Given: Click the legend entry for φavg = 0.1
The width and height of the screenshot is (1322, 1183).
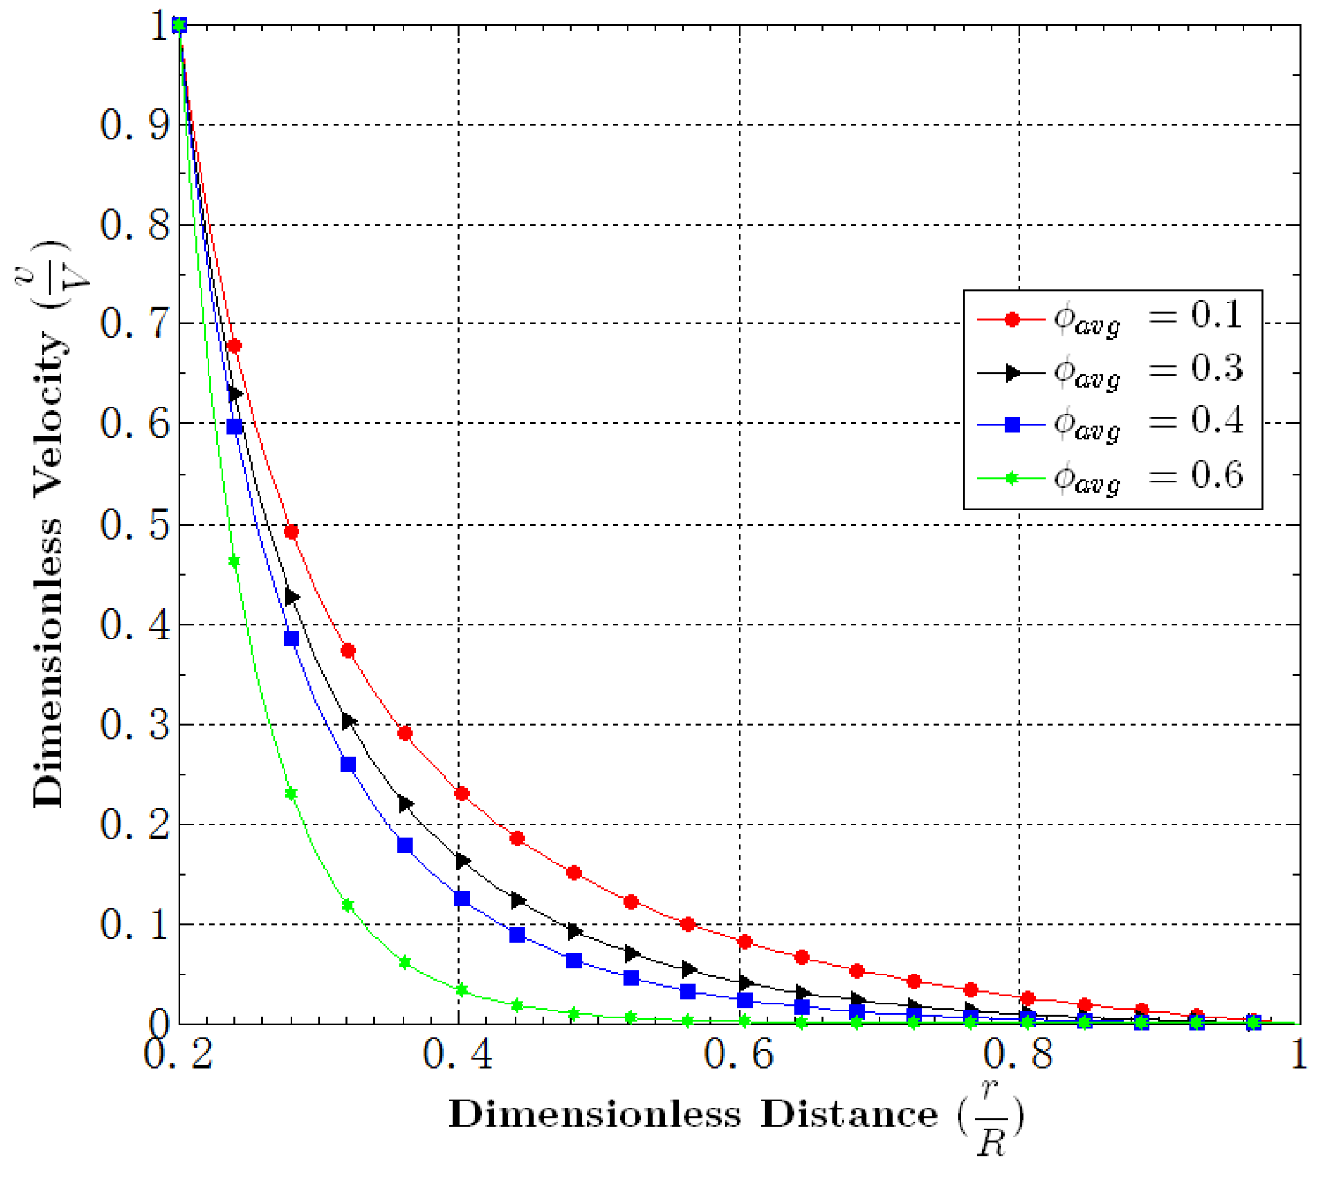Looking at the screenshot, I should (1111, 318).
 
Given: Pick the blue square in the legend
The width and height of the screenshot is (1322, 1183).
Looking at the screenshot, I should (1012, 425).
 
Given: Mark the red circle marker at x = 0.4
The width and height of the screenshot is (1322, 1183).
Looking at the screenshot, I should (462, 794).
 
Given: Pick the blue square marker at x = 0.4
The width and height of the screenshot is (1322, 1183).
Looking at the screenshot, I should (462, 899).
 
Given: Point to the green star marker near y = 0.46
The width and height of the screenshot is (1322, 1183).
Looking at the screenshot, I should (235, 561).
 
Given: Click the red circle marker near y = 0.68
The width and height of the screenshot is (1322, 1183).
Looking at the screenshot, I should (235, 345).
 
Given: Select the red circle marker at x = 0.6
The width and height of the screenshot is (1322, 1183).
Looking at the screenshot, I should (745, 942).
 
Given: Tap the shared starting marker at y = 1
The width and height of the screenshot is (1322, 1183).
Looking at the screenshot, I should (179, 25).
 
